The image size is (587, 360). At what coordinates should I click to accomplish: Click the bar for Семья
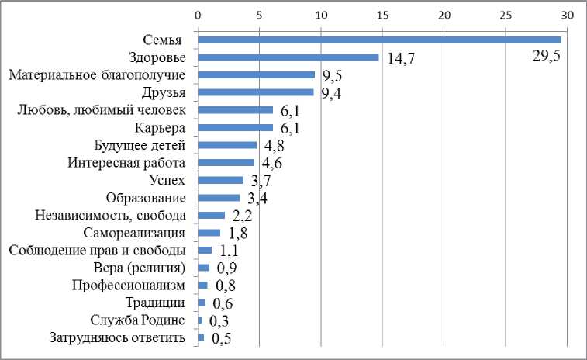379,40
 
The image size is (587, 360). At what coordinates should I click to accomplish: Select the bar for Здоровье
288,57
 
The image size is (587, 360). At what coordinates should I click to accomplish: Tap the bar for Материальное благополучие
256,75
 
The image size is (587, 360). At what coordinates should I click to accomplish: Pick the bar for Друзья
255,92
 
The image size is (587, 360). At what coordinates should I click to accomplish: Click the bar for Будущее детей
227,145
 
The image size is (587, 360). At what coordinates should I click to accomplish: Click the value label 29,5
547,57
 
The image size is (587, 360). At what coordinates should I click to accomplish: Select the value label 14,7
401,60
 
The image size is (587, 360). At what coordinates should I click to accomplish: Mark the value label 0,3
218,321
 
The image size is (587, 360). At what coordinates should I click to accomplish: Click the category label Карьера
160,128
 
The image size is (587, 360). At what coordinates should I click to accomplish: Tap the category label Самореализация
133,233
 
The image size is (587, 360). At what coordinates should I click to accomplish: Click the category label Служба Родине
138,320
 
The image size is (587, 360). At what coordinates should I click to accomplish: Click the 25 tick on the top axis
506,15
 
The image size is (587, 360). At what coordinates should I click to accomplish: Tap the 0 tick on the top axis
198,15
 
